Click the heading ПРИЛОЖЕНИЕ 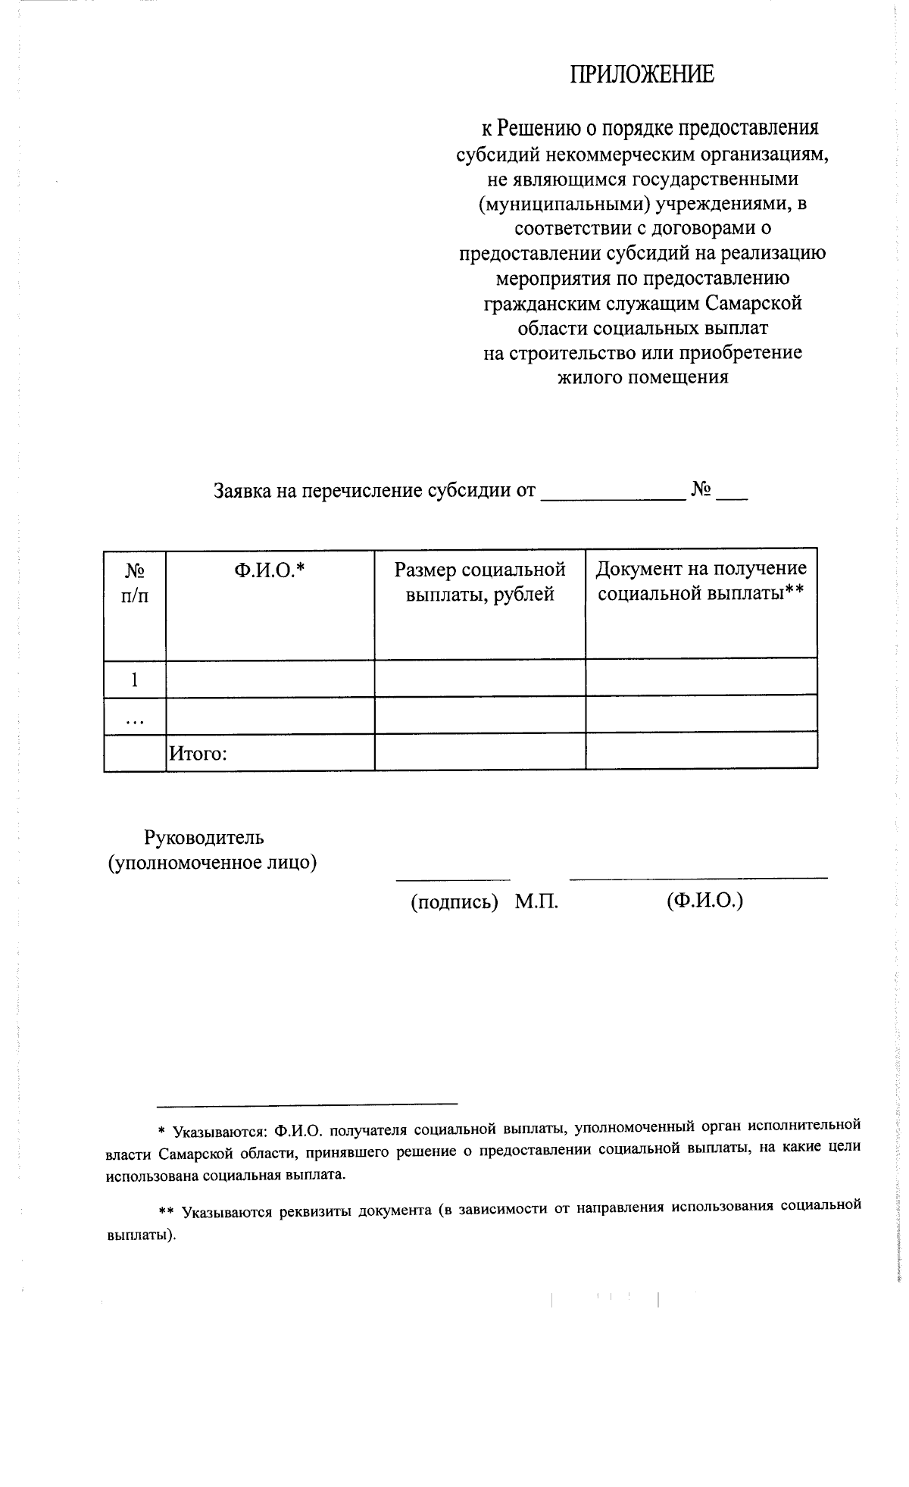(642, 74)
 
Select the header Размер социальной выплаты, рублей (479, 582)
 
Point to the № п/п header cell (135, 582)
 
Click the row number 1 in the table (135, 679)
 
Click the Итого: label (198, 754)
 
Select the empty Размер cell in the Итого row (479, 752)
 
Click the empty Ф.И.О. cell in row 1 (270, 679)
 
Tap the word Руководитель (205, 838)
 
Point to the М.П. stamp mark (536, 902)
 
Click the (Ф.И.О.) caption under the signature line (704, 901)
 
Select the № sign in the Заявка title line (701, 491)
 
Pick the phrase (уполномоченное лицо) (212, 863)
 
